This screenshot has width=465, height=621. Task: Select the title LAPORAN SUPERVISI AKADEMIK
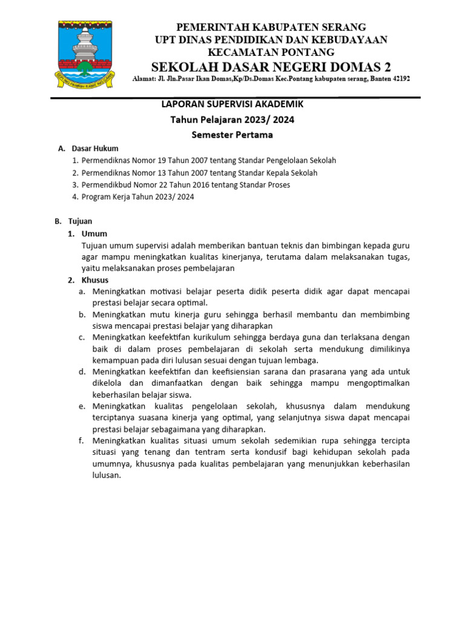[x=232, y=104]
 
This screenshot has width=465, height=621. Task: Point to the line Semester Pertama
[x=232, y=135]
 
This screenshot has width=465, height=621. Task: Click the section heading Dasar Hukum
[x=95, y=149]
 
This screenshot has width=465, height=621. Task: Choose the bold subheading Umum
[x=94, y=234]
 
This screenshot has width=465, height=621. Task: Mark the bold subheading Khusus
[x=96, y=280]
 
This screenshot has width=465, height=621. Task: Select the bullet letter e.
[x=81, y=406]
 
